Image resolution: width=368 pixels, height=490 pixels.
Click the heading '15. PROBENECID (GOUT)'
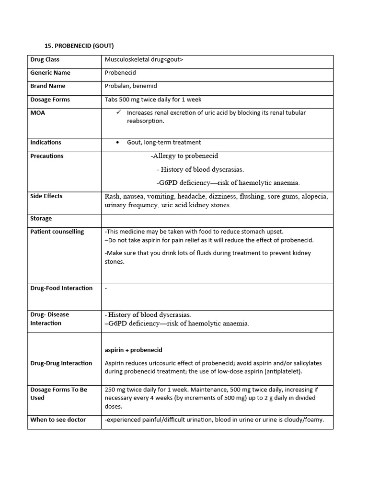click(x=79, y=46)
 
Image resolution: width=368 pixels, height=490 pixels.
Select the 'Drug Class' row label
click(x=45, y=60)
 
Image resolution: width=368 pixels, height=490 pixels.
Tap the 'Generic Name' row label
click(x=50, y=73)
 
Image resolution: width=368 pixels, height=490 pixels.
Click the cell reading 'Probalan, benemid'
click(x=131, y=86)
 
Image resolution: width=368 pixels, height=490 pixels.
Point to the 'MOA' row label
click(x=37, y=113)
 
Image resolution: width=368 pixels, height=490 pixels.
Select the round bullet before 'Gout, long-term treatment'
click(x=118, y=143)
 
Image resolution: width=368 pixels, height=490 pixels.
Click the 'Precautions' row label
click(x=47, y=156)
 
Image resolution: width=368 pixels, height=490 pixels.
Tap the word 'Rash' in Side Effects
click(x=112, y=196)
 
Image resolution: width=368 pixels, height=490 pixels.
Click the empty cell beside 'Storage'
click(x=217, y=219)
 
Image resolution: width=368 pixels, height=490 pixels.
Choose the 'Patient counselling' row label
click(x=57, y=232)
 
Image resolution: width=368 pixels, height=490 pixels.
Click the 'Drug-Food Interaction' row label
click(x=61, y=288)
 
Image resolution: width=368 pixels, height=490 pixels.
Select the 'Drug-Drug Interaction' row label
click(x=61, y=363)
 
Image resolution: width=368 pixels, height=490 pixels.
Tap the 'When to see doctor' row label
click(x=58, y=420)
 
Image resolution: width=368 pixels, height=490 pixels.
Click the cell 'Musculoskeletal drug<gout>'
click(x=144, y=60)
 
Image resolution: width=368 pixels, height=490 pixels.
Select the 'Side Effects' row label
click(x=46, y=196)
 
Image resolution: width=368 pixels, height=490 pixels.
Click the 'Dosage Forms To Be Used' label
click(x=58, y=393)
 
